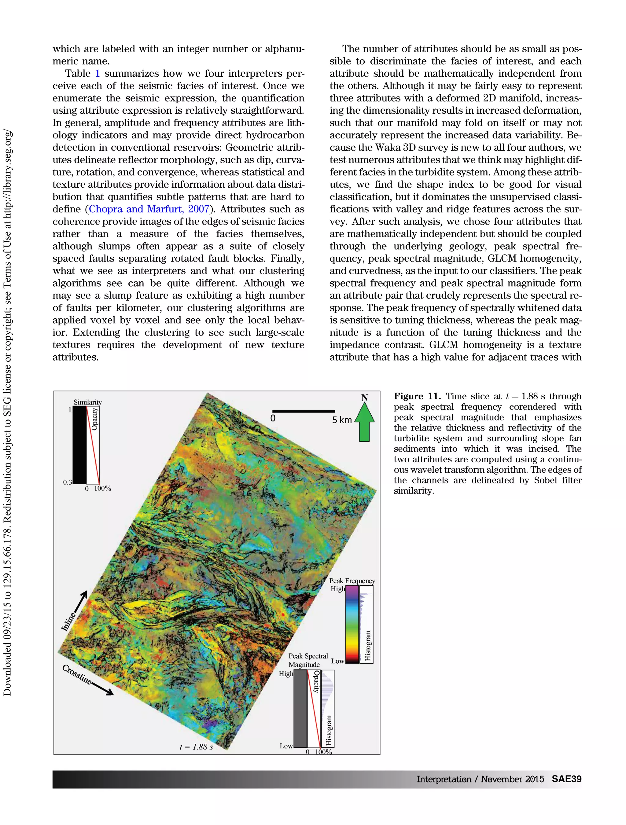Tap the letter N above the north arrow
[364, 398]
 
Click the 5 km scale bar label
[342, 420]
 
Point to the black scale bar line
[303, 411]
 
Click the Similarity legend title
[87, 402]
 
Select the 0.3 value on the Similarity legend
[67, 482]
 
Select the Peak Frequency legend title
[352, 581]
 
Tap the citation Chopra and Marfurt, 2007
[149, 209]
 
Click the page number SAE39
[566, 779]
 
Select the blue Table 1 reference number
[98, 73]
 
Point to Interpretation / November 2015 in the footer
[480, 779]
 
